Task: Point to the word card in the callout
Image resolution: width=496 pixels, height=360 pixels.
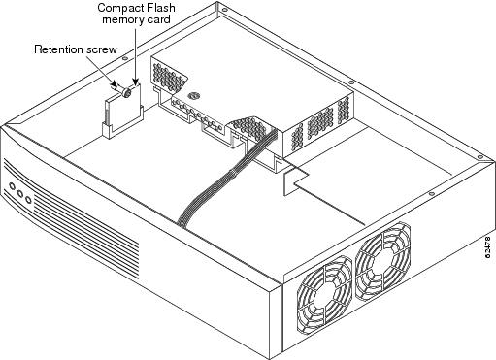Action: [158, 19]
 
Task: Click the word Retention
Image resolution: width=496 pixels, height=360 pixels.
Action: [58, 49]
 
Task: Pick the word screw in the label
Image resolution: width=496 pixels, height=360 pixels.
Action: [101, 49]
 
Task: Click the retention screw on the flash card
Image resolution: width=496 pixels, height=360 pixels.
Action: [126, 93]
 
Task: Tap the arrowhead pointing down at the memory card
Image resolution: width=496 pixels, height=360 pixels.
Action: [136, 82]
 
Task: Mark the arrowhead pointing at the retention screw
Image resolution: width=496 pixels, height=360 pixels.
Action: [118, 83]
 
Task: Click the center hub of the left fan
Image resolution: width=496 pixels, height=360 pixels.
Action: [323, 295]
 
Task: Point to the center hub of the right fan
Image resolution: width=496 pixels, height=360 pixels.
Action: [382, 261]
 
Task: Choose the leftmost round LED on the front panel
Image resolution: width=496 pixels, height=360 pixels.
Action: [13, 186]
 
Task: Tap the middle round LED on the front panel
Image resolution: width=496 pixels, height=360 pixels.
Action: [20, 194]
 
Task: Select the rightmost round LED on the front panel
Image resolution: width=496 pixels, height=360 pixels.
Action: [29, 200]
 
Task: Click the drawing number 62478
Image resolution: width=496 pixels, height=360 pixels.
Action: [488, 247]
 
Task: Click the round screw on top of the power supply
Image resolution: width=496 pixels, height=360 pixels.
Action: [194, 95]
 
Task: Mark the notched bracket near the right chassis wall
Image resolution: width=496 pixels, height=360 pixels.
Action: [295, 181]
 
